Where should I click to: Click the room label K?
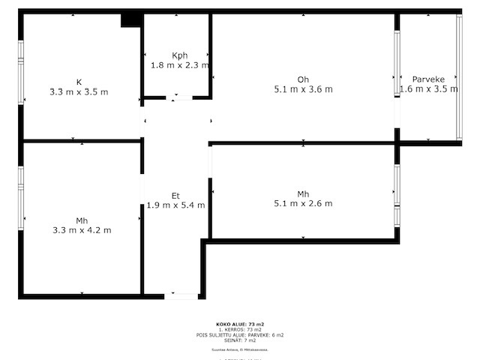click(x=79, y=82)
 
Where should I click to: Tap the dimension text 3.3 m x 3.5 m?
click(x=79, y=92)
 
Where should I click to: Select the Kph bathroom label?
click(x=179, y=55)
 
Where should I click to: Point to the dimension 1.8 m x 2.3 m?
click(x=179, y=65)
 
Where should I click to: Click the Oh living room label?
click(x=303, y=79)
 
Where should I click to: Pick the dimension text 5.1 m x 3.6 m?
click(x=303, y=89)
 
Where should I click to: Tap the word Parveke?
click(x=428, y=78)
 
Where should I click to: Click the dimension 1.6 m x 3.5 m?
click(x=428, y=88)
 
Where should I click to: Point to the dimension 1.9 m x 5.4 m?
click(x=175, y=205)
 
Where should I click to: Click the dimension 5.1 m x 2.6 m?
click(x=303, y=204)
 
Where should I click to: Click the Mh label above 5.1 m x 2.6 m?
click(x=303, y=194)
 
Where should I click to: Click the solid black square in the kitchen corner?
click(x=131, y=20)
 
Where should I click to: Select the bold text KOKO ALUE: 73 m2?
click(x=240, y=324)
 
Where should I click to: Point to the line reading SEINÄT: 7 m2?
click(x=240, y=340)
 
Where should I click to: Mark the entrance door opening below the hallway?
click(x=181, y=296)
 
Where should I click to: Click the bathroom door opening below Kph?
click(x=178, y=97)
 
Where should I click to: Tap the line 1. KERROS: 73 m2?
click(x=240, y=329)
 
